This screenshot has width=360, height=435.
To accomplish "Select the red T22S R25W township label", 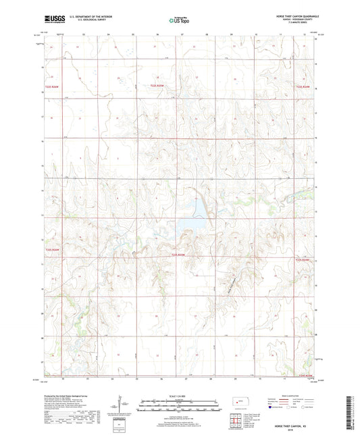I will (x=157, y=85).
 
